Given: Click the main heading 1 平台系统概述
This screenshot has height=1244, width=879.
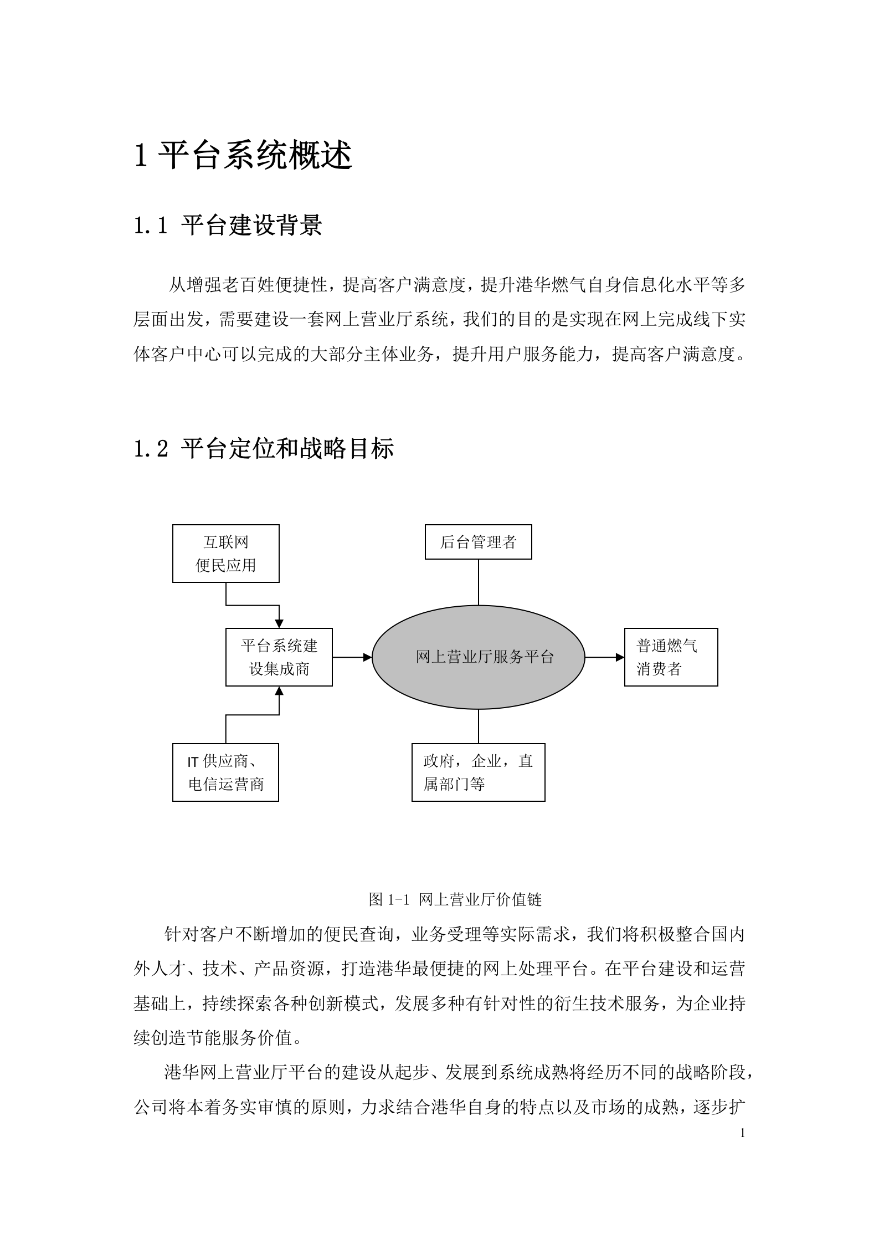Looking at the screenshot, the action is click(243, 156).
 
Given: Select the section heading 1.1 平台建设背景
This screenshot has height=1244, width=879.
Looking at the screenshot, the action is click(228, 226).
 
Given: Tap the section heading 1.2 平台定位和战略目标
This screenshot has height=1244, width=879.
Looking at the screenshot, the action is click(264, 448).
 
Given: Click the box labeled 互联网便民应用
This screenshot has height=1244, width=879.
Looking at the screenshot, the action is click(225, 554).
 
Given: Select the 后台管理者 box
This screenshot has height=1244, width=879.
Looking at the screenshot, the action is click(478, 542).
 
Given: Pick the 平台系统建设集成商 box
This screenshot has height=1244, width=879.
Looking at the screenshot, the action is click(279, 657).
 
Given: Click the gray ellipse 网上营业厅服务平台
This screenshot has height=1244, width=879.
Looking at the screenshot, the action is click(478, 657).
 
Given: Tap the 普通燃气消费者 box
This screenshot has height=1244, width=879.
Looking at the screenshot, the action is click(671, 657).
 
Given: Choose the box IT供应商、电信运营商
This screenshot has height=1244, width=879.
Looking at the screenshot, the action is click(225, 772).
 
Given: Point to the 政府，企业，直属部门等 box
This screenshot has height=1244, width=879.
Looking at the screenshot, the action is click(478, 772).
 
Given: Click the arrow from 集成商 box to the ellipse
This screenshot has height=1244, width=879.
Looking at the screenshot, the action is click(352, 657).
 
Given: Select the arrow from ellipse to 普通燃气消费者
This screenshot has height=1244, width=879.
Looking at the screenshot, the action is click(604, 657).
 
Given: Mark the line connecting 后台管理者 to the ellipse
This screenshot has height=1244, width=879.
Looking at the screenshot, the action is click(478, 582).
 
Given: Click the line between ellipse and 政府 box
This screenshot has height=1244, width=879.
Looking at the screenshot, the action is click(478, 726).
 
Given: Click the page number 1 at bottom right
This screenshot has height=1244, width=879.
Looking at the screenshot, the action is click(742, 1133).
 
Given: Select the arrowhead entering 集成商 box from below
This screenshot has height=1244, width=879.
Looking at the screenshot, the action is click(279, 691).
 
